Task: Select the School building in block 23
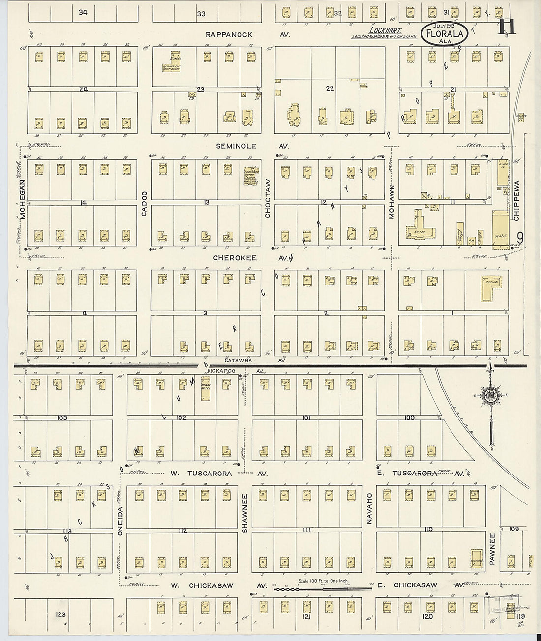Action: click(175, 58)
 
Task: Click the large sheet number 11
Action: click(507, 26)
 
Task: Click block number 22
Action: click(330, 88)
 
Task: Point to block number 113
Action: click(67, 531)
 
